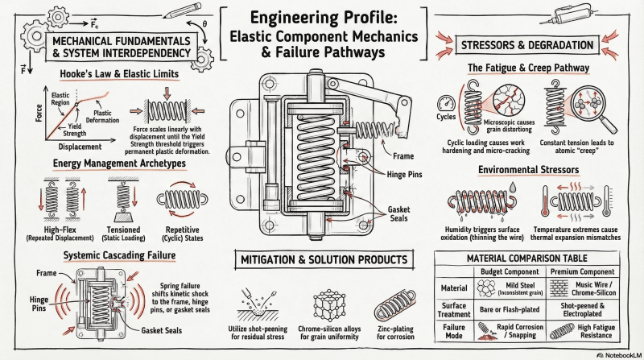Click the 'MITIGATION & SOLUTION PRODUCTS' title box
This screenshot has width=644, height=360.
(x=321, y=260)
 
